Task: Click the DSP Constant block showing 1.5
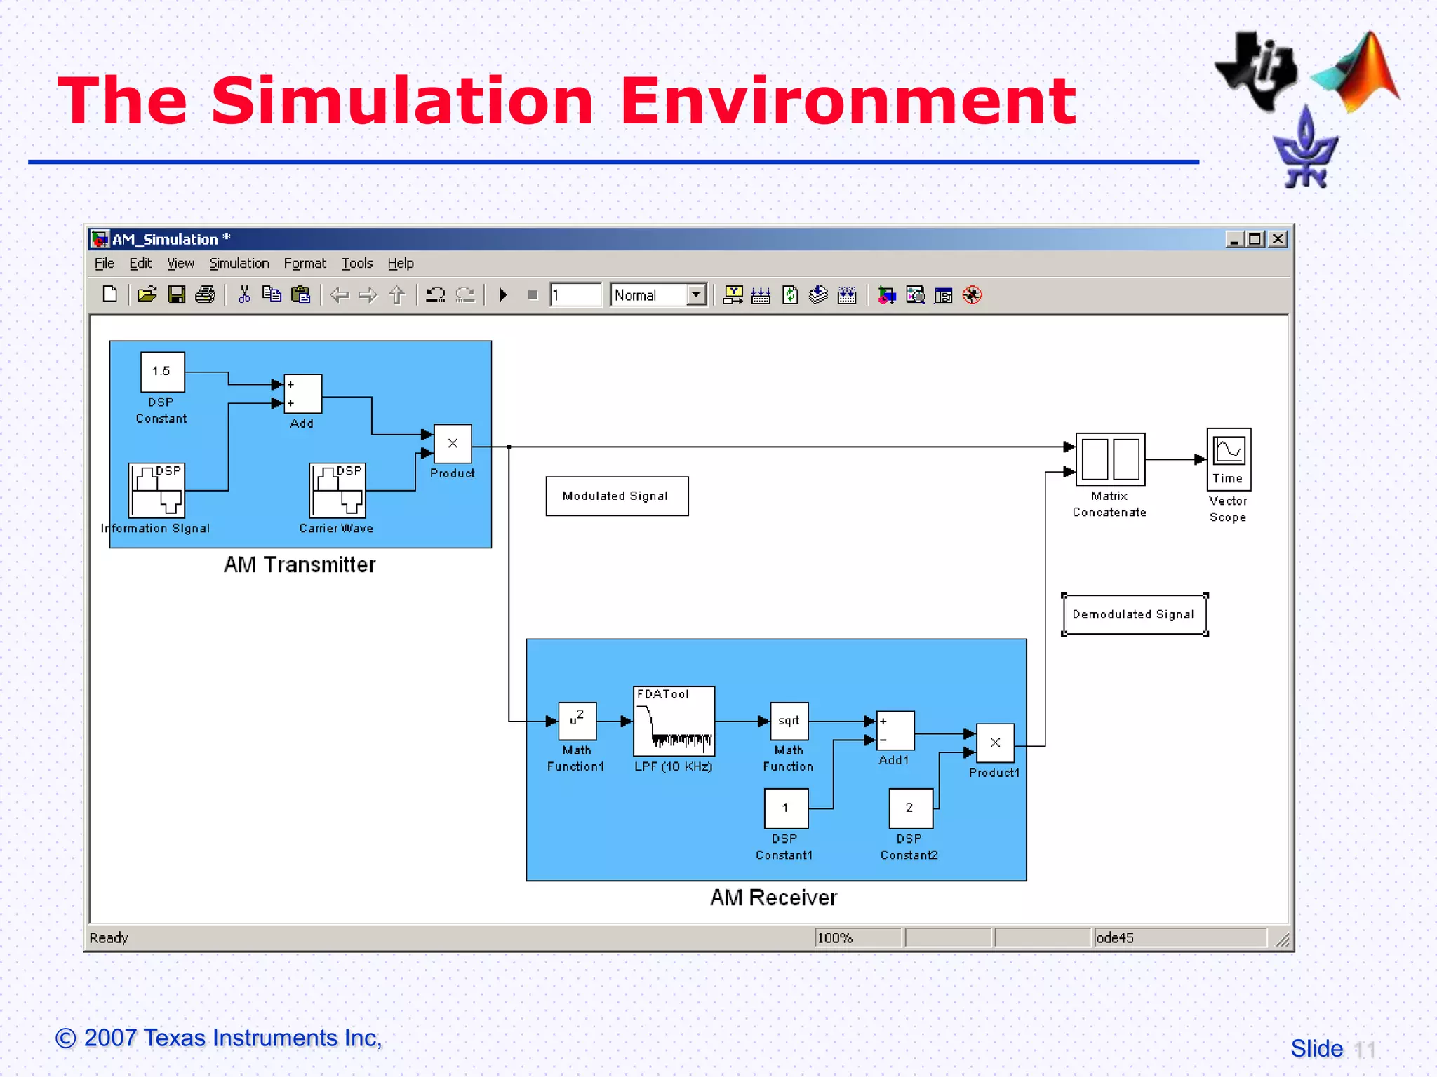click(162, 372)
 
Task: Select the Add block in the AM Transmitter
click(302, 394)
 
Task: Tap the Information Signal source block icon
click(156, 490)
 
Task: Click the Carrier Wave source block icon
click(337, 490)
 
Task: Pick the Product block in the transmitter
click(453, 444)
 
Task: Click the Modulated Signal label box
click(617, 496)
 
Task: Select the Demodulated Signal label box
click(1134, 615)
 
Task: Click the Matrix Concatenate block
click(1110, 459)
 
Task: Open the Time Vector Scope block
click(1229, 459)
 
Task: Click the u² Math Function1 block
click(577, 721)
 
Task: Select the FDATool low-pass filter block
click(674, 721)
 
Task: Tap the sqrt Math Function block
click(789, 721)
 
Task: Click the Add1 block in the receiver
click(895, 731)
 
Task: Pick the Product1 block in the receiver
click(995, 743)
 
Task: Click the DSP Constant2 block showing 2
click(910, 808)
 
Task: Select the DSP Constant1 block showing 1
click(786, 808)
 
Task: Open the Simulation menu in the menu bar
click(239, 264)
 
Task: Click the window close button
click(1278, 239)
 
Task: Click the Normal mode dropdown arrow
click(696, 295)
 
